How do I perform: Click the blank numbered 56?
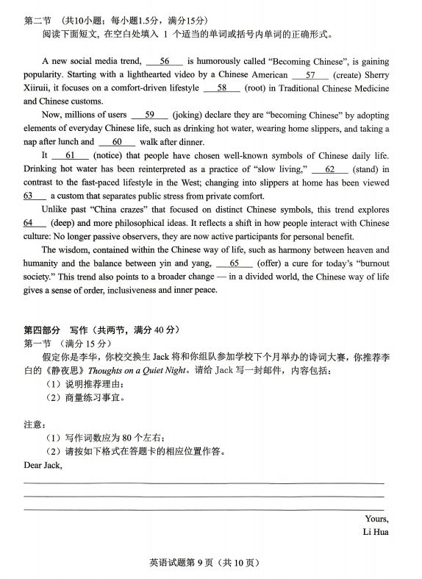164,61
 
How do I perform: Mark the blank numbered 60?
116,141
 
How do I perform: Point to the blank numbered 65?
235,263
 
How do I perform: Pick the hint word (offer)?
274,263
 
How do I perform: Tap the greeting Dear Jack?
43,465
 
